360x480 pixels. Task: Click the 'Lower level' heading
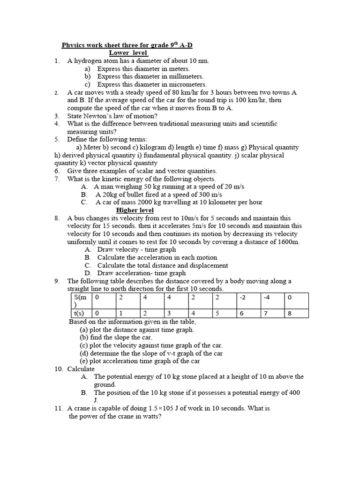click(128, 53)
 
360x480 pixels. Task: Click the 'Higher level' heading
click(135, 210)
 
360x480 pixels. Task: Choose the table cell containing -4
click(267, 298)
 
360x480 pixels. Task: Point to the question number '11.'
click(59, 408)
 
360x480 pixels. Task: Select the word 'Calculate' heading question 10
click(81, 369)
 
